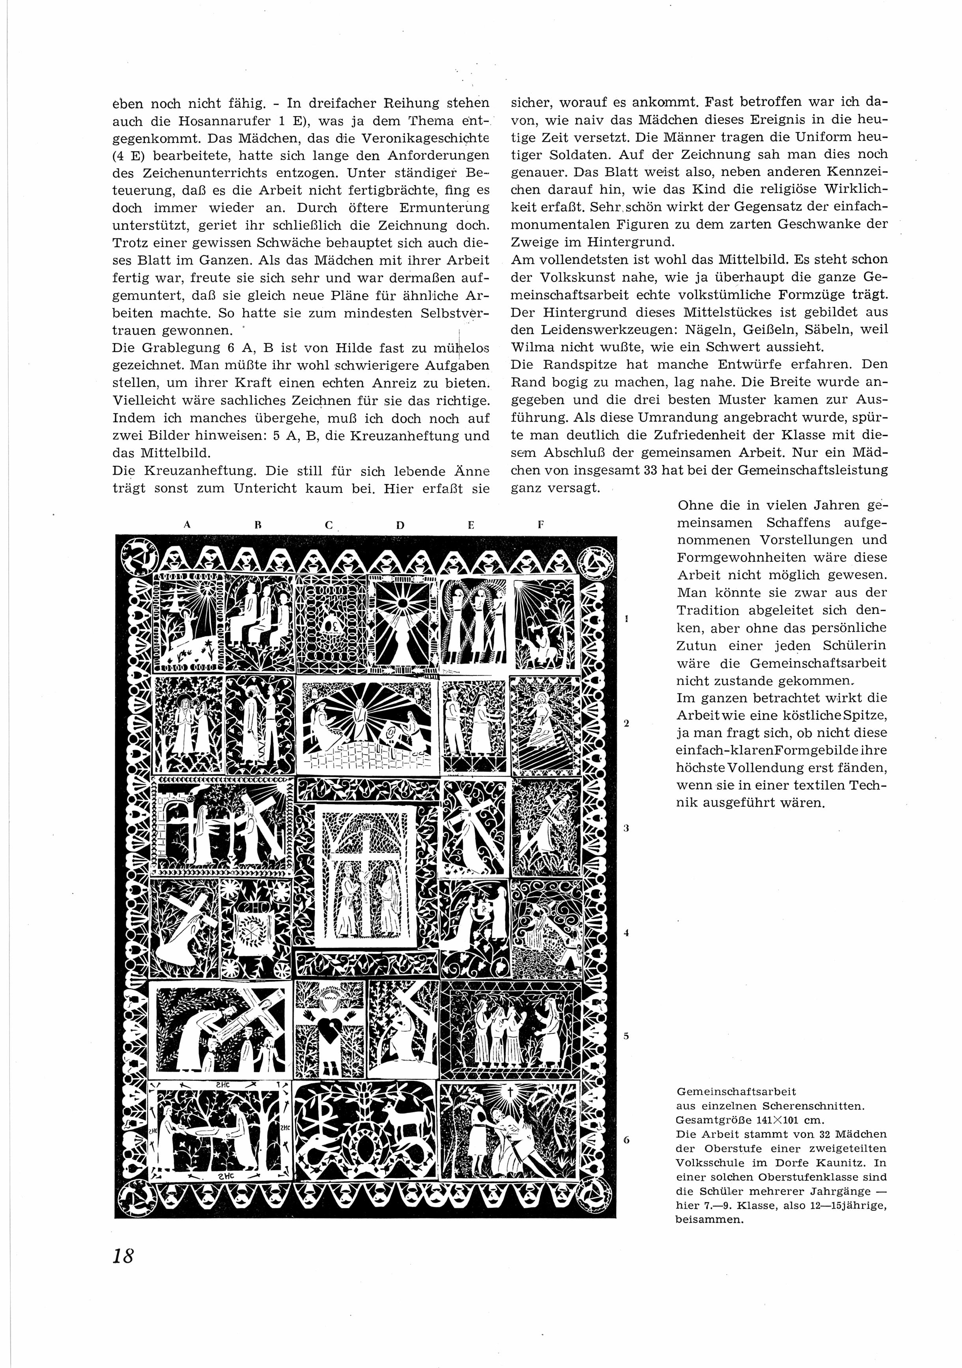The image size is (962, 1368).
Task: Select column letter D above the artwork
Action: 400,525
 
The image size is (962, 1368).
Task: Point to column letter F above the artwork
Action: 540,525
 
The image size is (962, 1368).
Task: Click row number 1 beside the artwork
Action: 626,619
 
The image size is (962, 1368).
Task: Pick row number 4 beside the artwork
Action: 626,933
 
